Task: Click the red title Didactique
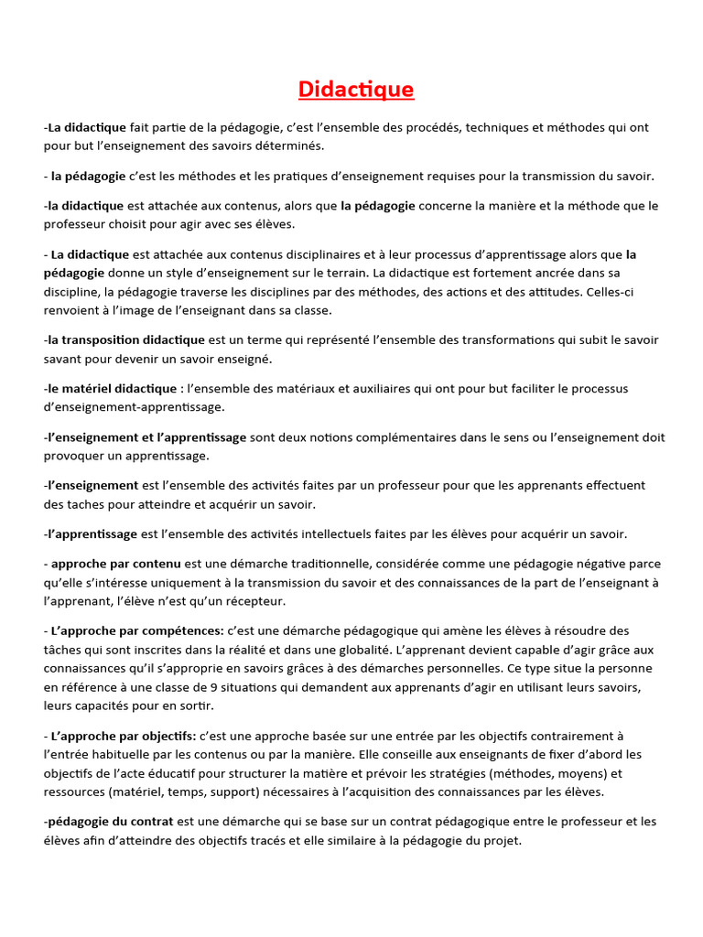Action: tap(356, 89)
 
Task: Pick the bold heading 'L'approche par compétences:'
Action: tap(137, 630)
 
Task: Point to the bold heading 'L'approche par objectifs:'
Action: tap(124, 735)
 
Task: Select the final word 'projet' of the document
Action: tap(502, 840)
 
